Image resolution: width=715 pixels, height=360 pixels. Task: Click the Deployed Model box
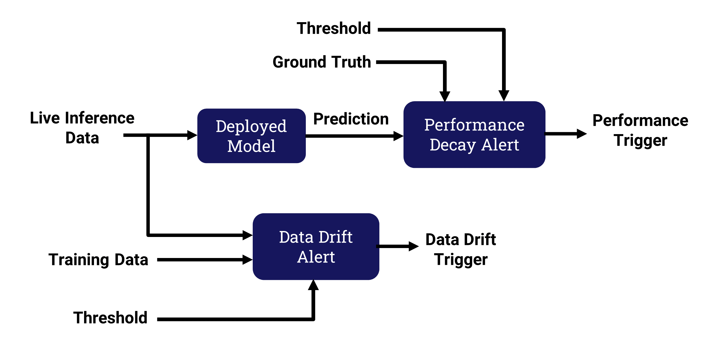pyautogui.click(x=252, y=136)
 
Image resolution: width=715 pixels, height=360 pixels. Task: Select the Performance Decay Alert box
pyautogui.click(x=474, y=134)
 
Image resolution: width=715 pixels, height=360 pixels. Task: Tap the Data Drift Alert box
pyautogui.click(x=316, y=247)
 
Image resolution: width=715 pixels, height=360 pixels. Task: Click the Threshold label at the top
pyautogui.click(x=334, y=28)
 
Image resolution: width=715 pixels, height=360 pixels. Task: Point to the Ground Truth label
pyautogui.click(x=322, y=62)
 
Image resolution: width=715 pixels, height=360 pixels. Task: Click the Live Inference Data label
pyautogui.click(x=82, y=128)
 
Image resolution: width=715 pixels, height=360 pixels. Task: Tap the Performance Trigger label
pyautogui.click(x=640, y=130)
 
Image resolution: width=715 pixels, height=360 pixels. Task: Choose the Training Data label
pyautogui.click(x=99, y=260)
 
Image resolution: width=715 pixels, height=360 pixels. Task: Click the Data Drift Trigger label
pyautogui.click(x=461, y=250)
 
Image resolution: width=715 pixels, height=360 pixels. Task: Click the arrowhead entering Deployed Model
pyautogui.click(x=192, y=135)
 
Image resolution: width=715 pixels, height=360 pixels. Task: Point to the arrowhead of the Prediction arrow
pyautogui.click(x=398, y=136)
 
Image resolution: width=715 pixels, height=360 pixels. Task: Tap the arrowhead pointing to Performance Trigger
pyautogui.click(x=582, y=134)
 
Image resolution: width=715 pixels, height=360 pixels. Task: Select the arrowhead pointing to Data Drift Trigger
pyautogui.click(x=414, y=246)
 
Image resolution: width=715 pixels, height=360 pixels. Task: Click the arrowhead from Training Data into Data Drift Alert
pyautogui.click(x=248, y=259)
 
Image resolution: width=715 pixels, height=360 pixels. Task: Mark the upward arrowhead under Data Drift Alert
pyautogui.click(x=313, y=285)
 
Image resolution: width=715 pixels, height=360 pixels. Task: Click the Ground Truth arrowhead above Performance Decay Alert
pyautogui.click(x=445, y=97)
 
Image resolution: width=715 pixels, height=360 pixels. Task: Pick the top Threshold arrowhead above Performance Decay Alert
pyautogui.click(x=504, y=96)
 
